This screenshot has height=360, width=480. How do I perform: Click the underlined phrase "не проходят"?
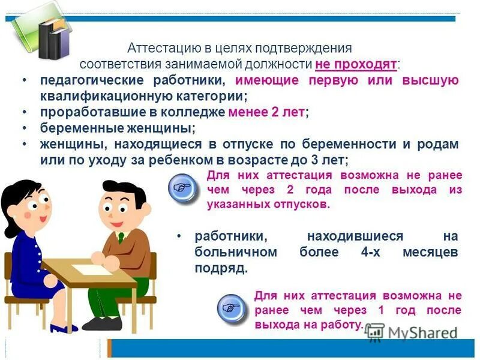(x=356, y=64)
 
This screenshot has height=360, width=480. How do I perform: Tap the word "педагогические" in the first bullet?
(x=83, y=80)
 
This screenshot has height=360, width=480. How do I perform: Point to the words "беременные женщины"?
(x=117, y=128)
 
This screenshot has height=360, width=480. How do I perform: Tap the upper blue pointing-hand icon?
(x=182, y=187)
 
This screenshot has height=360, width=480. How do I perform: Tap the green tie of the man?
(x=120, y=236)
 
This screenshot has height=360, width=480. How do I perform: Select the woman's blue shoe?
(x=63, y=328)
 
